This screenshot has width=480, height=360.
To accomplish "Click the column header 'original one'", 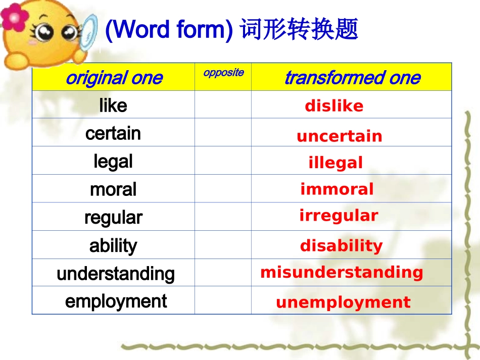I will [114, 78].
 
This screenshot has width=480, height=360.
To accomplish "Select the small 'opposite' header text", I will [223, 73].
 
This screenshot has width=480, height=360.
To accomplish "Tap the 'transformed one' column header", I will [352, 78].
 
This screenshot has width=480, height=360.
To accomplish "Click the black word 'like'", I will [113, 106].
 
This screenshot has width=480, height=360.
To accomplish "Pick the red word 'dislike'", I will [334, 106].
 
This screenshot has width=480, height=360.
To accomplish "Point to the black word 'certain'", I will [113, 133].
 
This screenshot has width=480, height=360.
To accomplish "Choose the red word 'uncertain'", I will [340, 136].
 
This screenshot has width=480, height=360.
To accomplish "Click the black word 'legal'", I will [113, 162].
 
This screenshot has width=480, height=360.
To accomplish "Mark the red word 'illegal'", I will [335, 163].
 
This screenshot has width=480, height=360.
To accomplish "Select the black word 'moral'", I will [113, 189].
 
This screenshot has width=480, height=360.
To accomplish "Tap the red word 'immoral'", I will [337, 189].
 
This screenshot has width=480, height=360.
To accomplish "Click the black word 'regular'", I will [113, 218].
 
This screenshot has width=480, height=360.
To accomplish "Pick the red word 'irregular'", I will [339, 216].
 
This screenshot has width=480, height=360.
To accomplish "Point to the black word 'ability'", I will [113, 246].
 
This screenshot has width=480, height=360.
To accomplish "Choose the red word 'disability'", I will [341, 246].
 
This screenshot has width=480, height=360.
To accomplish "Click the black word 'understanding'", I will [116, 274].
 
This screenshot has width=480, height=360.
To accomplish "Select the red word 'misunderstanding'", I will [342, 272].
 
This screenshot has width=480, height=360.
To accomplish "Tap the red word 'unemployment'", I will [343, 302].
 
